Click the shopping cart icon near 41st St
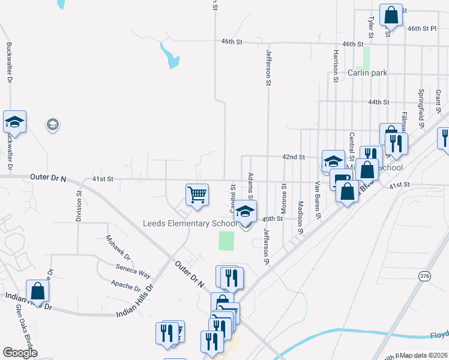(x=197, y=194)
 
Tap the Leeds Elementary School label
(x=190, y=224)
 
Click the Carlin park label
(x=367, y=73)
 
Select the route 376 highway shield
(x=425, y=276)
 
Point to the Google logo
(x=20, y=353)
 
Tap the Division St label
(x=78, y=206)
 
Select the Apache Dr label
(x=125, y=285)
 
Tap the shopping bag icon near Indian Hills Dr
(x=37, y=291)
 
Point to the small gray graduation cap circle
(x=52, y=125)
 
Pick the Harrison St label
(x=334, y=62)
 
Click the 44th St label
(x=379, y=103)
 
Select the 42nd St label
(x=294, y=157)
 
